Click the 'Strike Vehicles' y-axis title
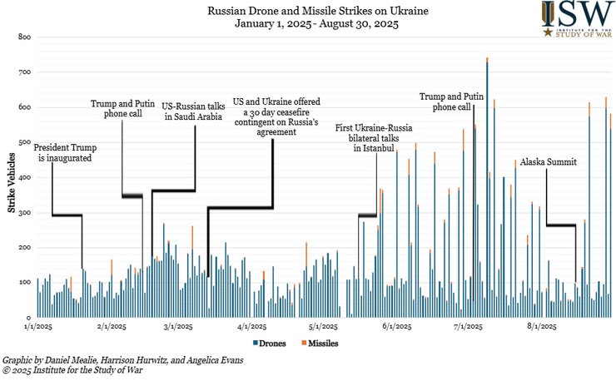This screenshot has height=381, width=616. (x=11, y=176)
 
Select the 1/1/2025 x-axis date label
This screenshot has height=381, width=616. (x=41, y=328)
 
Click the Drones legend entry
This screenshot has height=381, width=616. (x=270, y=343)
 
